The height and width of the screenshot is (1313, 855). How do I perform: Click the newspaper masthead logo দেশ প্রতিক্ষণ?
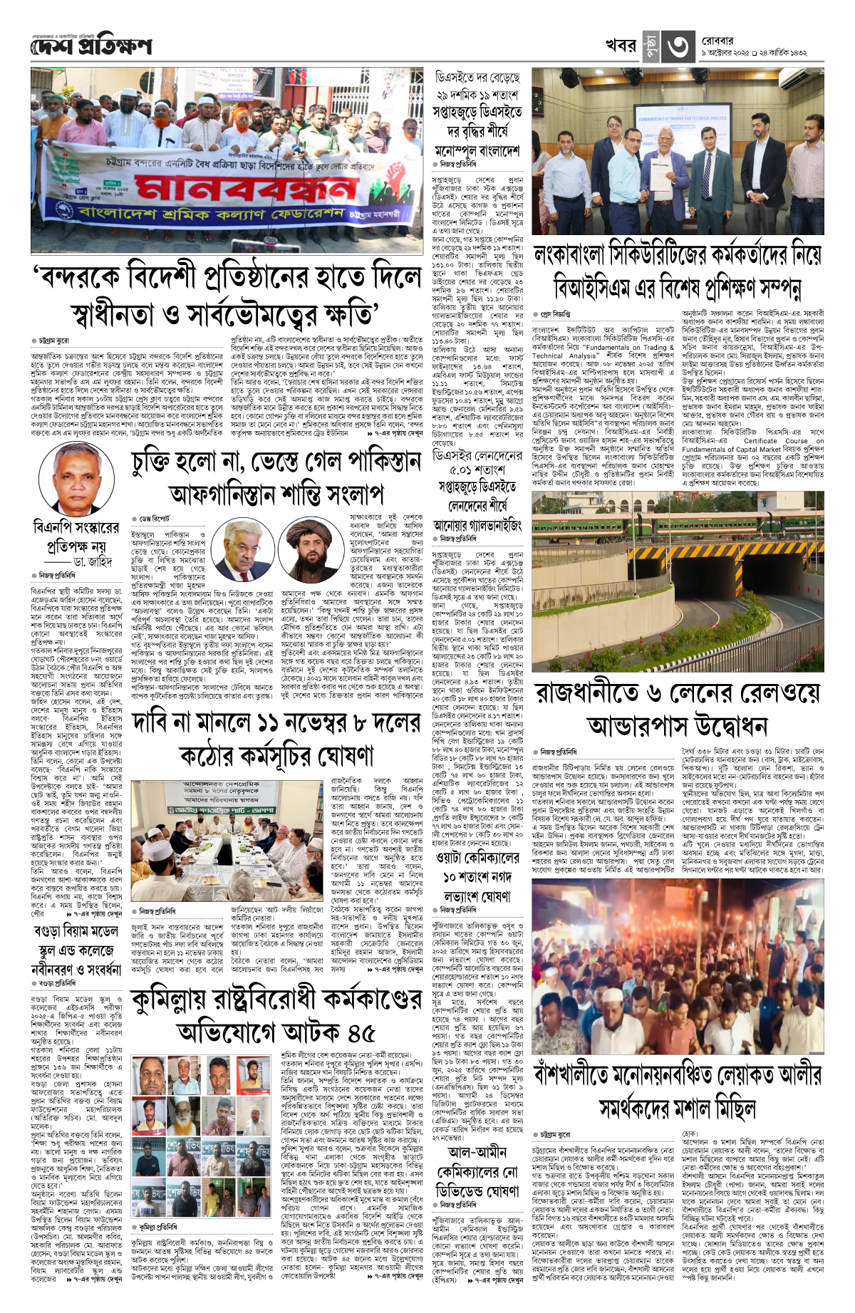pyautogui.click(x=91, y=46)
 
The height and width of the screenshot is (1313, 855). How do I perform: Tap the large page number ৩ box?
pyautogui.click(x=677, y=46)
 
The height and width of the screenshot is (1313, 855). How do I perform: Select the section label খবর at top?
pyautogui.click(x=620, y=46)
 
